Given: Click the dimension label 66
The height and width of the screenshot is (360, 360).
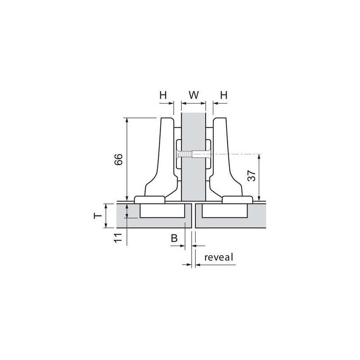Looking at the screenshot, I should (117, 160).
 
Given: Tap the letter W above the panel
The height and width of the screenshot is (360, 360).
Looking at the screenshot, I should (193, 95).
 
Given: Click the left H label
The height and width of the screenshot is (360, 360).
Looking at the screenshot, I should (163, 95).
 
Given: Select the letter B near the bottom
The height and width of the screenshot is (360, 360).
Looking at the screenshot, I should (174, 238).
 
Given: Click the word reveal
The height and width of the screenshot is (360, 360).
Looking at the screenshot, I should (219, 257).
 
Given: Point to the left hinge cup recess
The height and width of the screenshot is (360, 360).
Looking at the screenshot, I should (162, 211).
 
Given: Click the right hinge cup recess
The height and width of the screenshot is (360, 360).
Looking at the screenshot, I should (224, 211).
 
